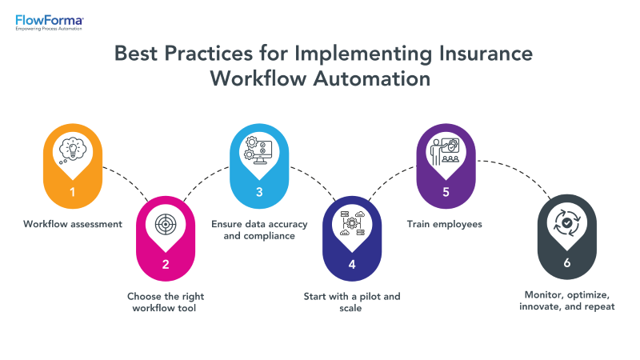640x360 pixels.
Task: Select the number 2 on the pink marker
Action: [166, 263]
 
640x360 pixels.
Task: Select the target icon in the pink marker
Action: [166, 226]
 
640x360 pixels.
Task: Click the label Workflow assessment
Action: [73, 224]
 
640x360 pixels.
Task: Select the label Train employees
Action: [446, 224]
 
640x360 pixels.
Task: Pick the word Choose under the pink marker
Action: [146, 296]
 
